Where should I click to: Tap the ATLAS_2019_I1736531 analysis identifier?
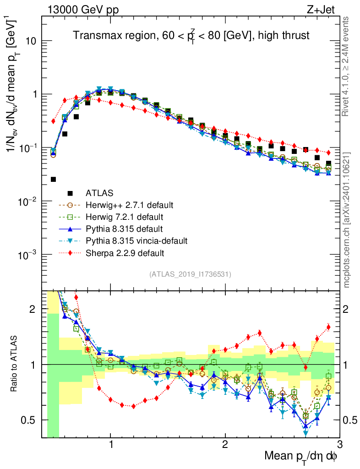[x=190, y=274]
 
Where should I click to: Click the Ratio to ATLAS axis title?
[x=15, y=364]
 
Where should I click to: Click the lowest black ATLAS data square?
[x=53, y=179]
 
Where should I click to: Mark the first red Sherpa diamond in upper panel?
[x=53, y=121]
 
